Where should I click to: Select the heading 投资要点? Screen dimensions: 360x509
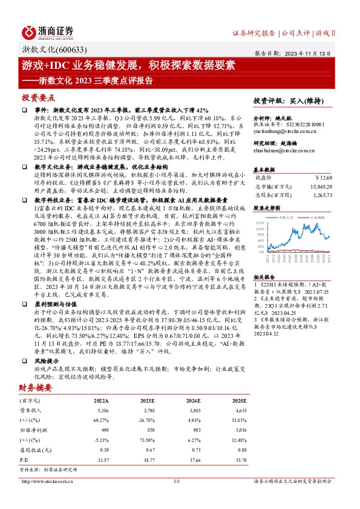[x=39, y=97]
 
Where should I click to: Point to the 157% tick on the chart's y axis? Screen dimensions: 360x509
[x=261, y=222]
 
